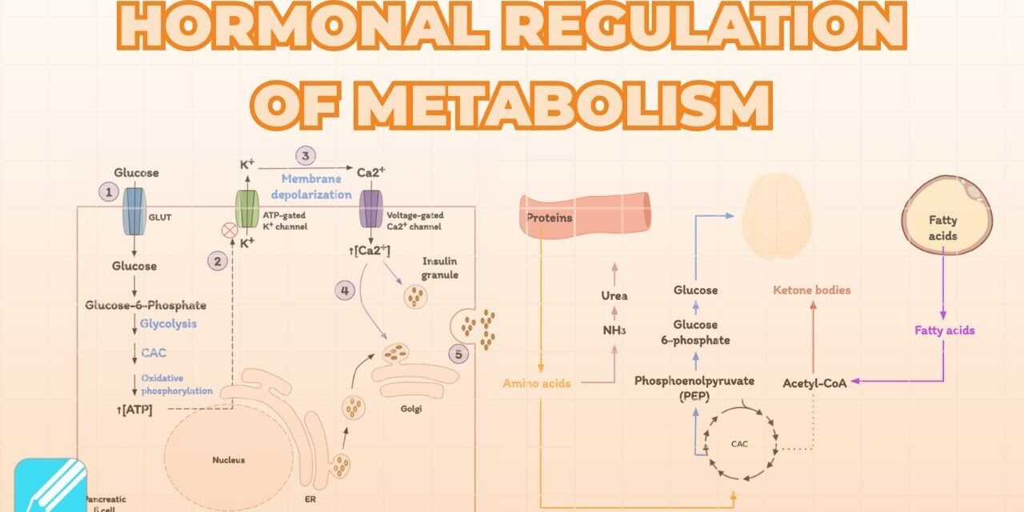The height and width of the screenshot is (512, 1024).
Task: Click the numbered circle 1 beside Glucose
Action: click(x=108, y=192)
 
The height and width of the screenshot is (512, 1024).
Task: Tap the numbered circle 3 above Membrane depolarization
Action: click(x=305, y=156)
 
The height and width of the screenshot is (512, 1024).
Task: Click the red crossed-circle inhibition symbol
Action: click(x=230, y=230)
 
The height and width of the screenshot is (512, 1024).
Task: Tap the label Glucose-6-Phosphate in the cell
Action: click(x=146, y=305)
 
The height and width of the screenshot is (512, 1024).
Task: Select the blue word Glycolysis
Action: click(x=168, y=324)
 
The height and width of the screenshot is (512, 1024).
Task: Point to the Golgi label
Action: click(x=410, y=409)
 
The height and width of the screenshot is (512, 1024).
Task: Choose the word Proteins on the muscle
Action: click(x=549, y=218)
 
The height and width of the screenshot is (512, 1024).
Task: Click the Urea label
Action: click(x=614, y=296)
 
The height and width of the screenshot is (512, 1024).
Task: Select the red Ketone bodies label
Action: click(x=812, y=290)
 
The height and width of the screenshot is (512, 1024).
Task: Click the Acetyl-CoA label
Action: click(x=814, y=383)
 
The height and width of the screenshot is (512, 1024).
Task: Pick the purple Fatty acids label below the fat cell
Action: click(x=945, y=330)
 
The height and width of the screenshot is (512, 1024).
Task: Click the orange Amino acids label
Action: click(x=537, y=383)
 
